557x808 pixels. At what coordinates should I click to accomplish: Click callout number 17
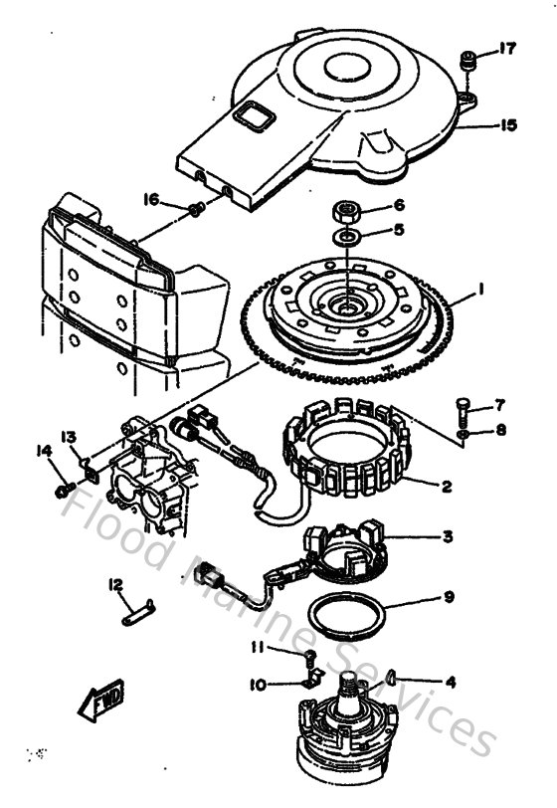507,48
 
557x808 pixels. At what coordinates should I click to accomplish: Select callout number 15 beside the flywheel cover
508,126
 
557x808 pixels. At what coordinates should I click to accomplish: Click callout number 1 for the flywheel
480,290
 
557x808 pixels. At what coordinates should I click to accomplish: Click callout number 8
500,430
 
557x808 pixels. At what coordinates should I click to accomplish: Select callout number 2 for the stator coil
447,487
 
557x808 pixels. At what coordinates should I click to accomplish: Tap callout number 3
448,536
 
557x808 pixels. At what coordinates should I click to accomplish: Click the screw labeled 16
197,208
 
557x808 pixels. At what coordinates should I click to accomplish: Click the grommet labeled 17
466,62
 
